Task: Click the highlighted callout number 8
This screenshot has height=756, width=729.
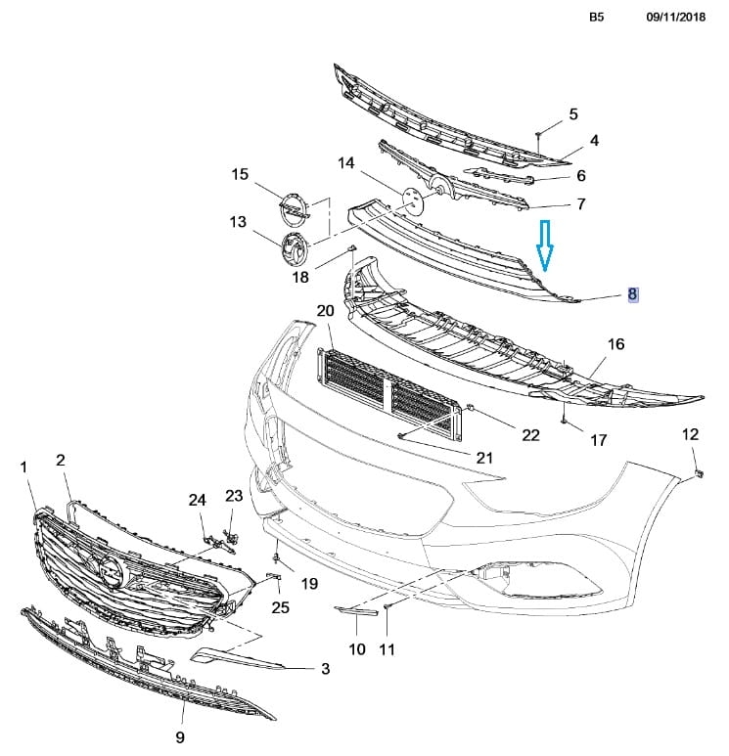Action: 633,293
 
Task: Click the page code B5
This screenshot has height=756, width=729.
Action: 597,18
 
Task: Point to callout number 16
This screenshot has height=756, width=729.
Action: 615,345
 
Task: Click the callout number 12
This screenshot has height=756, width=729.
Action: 690,434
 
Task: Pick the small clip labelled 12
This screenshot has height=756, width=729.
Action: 697,471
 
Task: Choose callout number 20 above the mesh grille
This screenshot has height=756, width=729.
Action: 325,311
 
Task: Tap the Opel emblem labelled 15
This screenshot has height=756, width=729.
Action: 293,207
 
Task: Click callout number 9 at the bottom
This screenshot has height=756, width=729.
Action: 179,736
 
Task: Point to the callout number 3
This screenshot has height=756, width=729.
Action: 325,670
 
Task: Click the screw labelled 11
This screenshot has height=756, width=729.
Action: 387,608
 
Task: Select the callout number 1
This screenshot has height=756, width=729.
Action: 24,469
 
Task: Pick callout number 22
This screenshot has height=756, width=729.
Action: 530,435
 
